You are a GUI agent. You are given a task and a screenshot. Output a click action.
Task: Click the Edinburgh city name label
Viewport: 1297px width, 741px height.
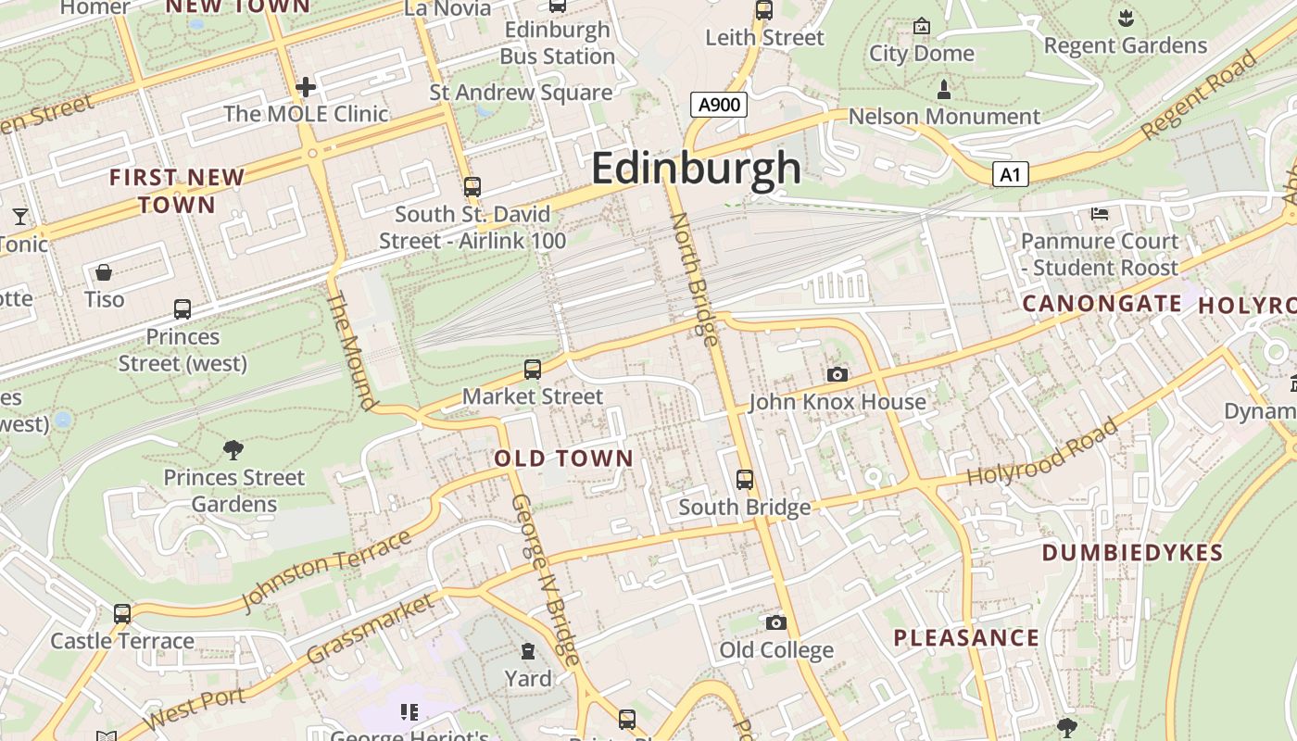tap(696, 169)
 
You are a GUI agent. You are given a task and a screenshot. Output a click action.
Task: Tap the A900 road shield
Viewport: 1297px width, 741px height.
tap(719, 105)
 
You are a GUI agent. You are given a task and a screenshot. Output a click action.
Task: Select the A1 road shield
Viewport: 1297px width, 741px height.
tap(1010, 174)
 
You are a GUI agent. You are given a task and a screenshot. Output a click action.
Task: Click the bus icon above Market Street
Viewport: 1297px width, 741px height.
tap(532, 370)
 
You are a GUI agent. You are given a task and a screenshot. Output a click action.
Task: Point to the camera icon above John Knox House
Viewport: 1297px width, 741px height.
tap(837, 374)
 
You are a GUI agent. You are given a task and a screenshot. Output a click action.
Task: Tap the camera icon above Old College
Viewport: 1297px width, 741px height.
tap(776, 622)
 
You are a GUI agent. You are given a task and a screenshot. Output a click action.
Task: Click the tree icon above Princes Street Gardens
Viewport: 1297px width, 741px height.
tap(233, 450)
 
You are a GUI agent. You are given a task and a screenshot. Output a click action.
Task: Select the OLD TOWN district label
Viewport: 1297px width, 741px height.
tap(563, 458)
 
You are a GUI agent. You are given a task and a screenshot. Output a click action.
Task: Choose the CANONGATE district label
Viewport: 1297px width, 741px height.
tap(1102, 304)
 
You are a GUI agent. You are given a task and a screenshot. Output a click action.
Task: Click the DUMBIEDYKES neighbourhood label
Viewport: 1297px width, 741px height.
tap(1132, 553)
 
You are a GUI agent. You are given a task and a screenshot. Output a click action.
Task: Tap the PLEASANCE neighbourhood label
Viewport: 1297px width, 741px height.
tap(966, 637)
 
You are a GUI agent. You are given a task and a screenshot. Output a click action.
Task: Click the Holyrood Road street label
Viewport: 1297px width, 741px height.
tap(1042, 454)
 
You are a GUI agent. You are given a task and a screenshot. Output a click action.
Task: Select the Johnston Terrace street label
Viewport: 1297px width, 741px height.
tap(325, 571)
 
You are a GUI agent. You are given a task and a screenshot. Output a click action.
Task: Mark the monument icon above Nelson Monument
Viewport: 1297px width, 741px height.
tap(944, 90)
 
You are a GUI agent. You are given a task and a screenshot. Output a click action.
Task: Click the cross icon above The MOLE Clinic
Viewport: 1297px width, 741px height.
tap(306, 87)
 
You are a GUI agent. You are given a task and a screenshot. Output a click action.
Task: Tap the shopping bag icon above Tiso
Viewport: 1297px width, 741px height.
tap(104, 272)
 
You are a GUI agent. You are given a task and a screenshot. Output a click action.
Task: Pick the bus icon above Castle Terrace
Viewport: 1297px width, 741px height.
tap(122, 613)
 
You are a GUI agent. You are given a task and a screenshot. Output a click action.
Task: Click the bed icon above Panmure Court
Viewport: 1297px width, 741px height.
tap(1100, 214)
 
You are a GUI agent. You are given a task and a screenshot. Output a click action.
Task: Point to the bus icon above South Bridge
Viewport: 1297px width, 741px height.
tap(745, 480)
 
